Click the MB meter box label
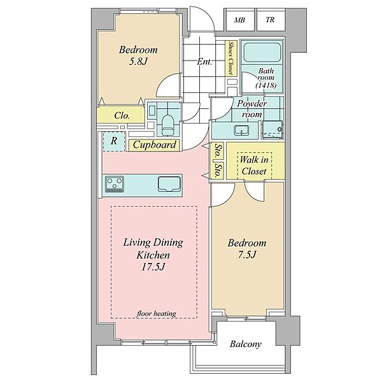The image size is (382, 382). (x=239, y=20)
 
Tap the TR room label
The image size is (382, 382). (x=270, y=20)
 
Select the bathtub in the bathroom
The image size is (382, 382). (x=262, y=52)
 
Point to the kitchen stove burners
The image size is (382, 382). (x=114, y=184)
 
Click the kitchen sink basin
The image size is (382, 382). (x=169, y=184)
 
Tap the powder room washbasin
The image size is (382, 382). (x=241, y=130)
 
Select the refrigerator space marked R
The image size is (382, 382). (x=114, y=141)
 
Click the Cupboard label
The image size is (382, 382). (x=155, y=145)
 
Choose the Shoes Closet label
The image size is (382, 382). (x=230, y=58)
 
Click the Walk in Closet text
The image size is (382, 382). (x=254, y=166)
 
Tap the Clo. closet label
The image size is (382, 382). (x=122, y=115)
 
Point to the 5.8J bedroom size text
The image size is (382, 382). (x=138, y=61)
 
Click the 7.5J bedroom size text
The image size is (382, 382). (x=247, y=255)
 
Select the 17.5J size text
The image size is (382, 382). (x=153, y=267)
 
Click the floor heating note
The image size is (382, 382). (x=157, y=313)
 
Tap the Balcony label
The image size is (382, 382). (x=246, y=344)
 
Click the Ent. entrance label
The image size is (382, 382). (x=204, y=62)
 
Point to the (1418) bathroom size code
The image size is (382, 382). (x=266, y=85)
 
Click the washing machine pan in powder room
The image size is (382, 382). (x=272, y=130)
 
